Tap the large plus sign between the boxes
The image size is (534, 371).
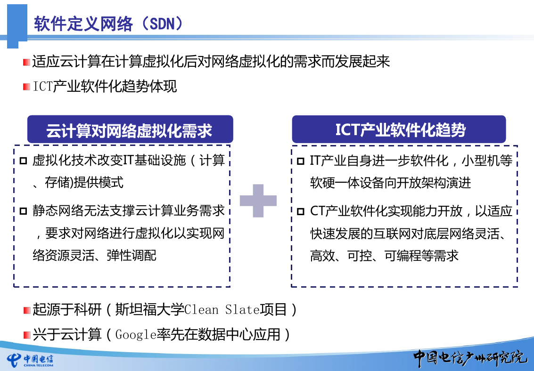258,201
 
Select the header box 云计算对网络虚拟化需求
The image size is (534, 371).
130,129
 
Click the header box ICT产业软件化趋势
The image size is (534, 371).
399,129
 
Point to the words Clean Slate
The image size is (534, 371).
222,310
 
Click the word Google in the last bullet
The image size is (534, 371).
136,335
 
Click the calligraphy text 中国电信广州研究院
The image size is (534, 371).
470,358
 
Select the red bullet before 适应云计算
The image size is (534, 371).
26,62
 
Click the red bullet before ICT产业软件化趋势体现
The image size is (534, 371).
26,87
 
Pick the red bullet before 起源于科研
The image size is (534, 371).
26,310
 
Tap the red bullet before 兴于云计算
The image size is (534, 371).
26,335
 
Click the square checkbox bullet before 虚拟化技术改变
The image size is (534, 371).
23,161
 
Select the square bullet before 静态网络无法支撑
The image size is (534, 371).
23,211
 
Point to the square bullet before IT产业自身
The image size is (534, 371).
300,161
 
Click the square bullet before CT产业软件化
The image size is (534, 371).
300,211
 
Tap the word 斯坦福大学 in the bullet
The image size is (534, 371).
149,310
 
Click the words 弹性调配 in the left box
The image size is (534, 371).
131,255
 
